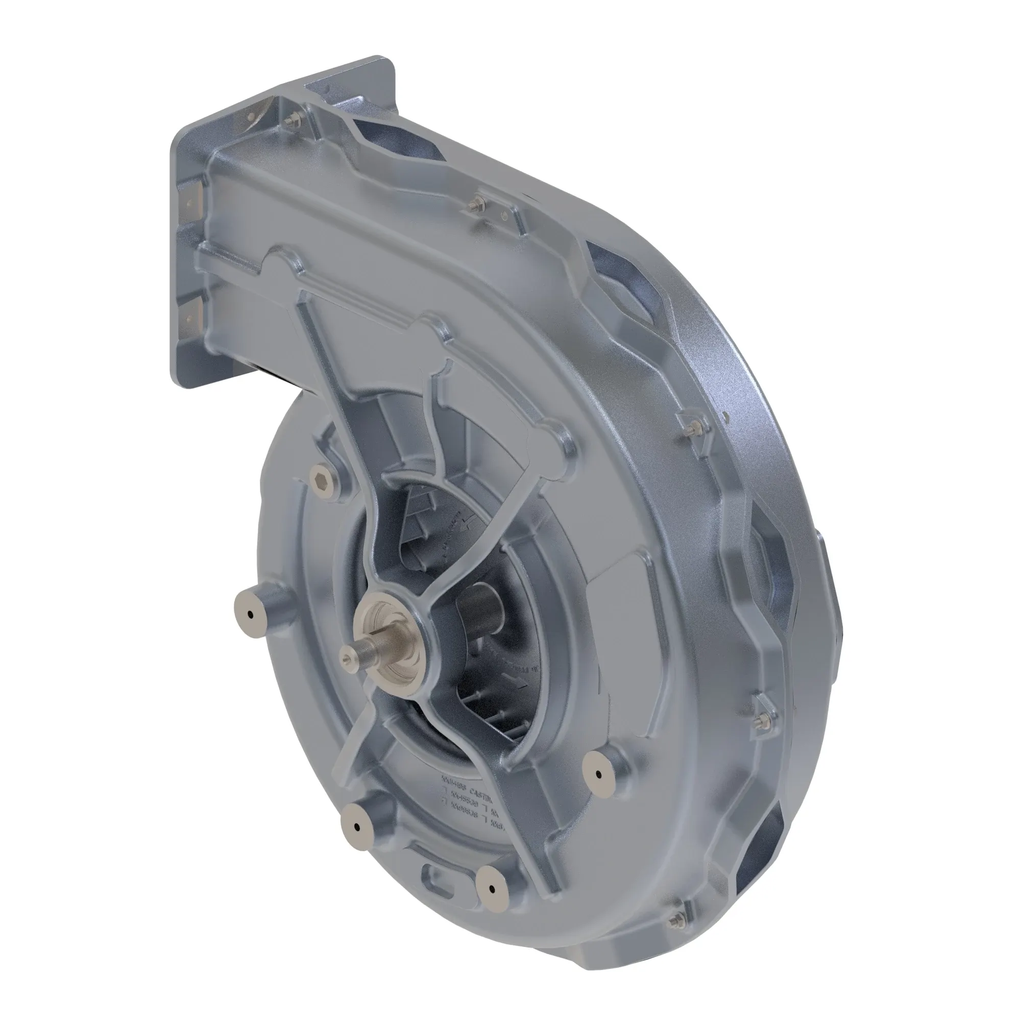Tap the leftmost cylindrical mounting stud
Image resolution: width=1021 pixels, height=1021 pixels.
pos(249,615)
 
